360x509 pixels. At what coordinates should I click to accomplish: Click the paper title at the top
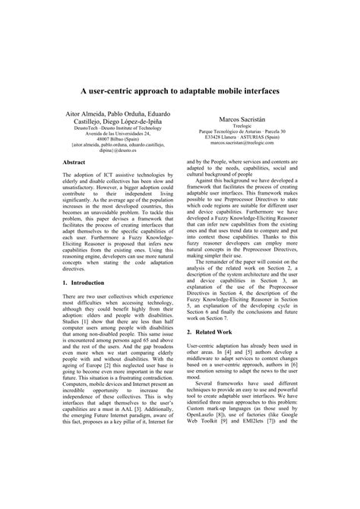tap(180, 90)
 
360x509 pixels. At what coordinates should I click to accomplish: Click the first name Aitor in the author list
tap(76, 112)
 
